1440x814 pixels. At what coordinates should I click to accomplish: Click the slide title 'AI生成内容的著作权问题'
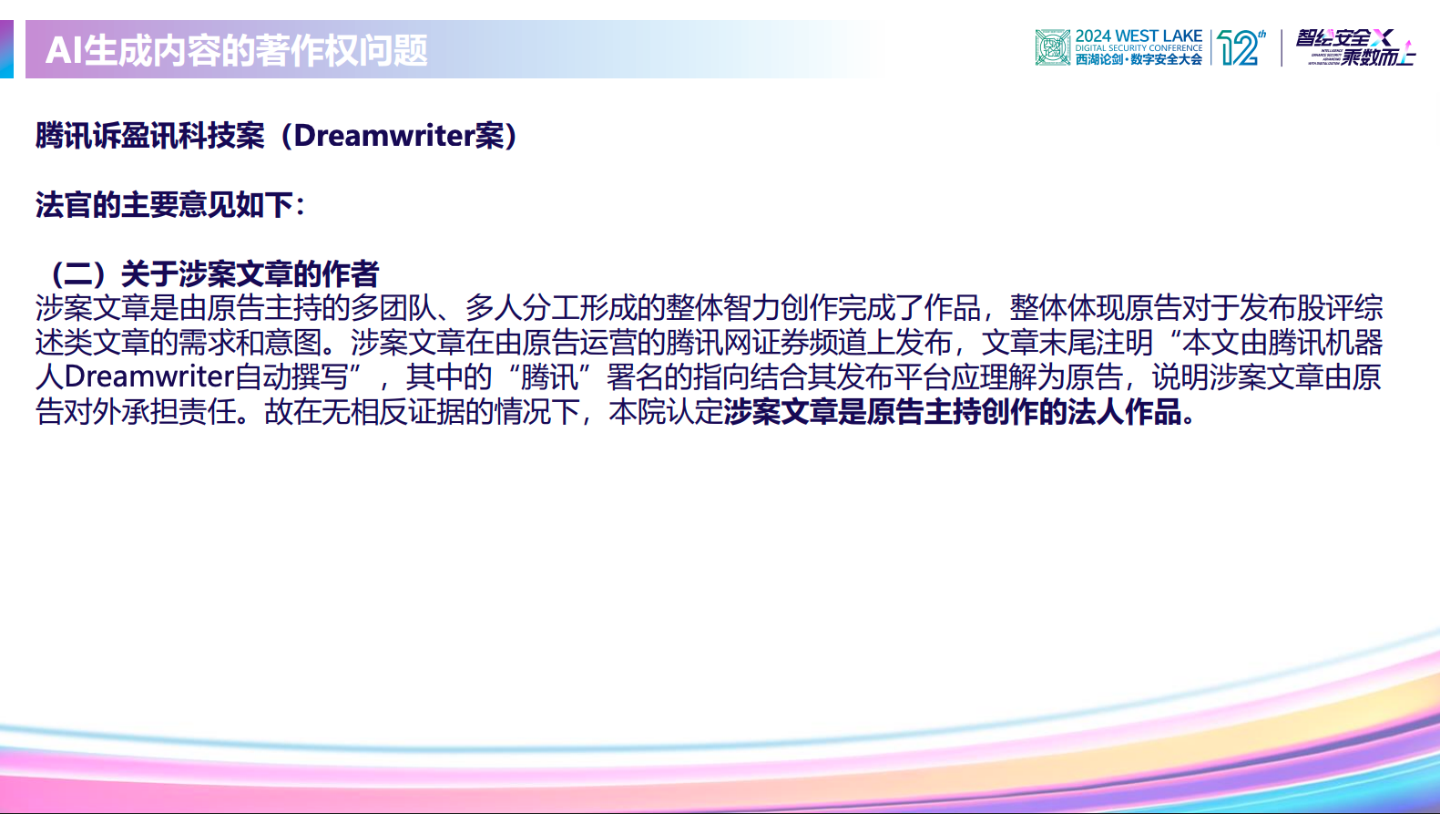[237, 50]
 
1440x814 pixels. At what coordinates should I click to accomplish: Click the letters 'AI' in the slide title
[64, 50]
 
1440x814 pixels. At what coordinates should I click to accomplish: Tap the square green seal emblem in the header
[1052, 47]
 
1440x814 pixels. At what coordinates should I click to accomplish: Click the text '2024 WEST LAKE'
[1139, 36]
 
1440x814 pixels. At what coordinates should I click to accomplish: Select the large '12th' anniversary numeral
[1241, 47]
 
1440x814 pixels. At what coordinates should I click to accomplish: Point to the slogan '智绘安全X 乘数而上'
[1354, 47]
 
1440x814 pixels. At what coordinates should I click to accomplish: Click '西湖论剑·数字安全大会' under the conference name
[1139, 59]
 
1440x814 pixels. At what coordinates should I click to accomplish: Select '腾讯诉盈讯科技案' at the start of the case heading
[150, 136]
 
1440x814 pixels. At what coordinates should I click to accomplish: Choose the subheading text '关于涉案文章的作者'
[250, 273]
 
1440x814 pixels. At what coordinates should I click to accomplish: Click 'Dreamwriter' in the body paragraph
[149, 376]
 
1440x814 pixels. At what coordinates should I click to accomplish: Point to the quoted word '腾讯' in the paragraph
[549, 376]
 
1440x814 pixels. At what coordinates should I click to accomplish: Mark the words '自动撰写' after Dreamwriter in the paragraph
[291, 376]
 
